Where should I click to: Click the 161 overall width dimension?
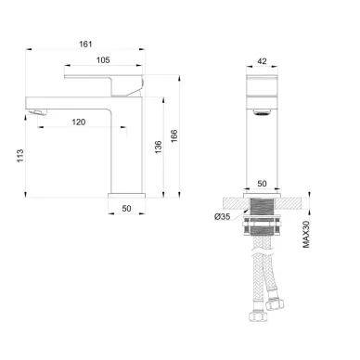(85, 45)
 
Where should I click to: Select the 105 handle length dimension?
(103, 60)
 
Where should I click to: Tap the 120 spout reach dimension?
(79, 122)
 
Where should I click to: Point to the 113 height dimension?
(20, 156)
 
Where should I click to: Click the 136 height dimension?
(158, 148)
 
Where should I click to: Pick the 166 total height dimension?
(174, 136)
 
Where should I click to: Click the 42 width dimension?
(262, 61)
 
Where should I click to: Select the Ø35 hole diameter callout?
(222, 217)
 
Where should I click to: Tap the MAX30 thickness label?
(306, 234)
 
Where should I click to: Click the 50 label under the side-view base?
(126, 209)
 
